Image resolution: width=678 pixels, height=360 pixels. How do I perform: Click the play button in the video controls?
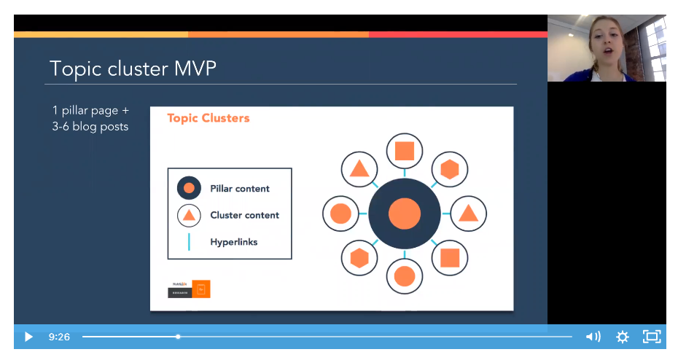(28, 337)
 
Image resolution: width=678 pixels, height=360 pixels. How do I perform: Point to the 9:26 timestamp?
(59, 337)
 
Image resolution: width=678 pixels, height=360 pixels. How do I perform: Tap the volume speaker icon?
(593, 337)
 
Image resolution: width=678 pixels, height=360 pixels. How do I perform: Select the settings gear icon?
(622, 337)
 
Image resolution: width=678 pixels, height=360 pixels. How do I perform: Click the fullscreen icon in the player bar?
(651, 337)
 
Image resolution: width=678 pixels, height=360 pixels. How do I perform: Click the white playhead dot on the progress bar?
(178, 337)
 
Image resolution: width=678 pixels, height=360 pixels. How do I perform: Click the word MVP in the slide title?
(195, 69)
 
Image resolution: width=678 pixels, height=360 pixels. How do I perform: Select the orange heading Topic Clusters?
(208, 118)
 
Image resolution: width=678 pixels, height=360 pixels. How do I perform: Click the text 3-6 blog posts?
(90, 127)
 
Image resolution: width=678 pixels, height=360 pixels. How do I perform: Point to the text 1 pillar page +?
(90, 111)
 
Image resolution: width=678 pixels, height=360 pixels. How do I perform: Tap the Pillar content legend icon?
(189, 188)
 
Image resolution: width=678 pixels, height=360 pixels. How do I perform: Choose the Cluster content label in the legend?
(244, 215)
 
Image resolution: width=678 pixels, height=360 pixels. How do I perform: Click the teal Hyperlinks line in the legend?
(189, 242)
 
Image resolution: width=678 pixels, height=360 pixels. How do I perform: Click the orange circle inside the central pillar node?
(405, 214)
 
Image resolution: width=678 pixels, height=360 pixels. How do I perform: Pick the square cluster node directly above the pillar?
(405, 152)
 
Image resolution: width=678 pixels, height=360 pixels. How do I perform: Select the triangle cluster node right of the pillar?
(468, 214)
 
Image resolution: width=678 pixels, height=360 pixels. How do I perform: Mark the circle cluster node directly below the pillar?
(405, 276)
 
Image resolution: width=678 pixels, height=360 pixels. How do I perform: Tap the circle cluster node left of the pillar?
(340, 214)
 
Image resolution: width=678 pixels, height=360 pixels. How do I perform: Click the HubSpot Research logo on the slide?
(189, 288)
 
